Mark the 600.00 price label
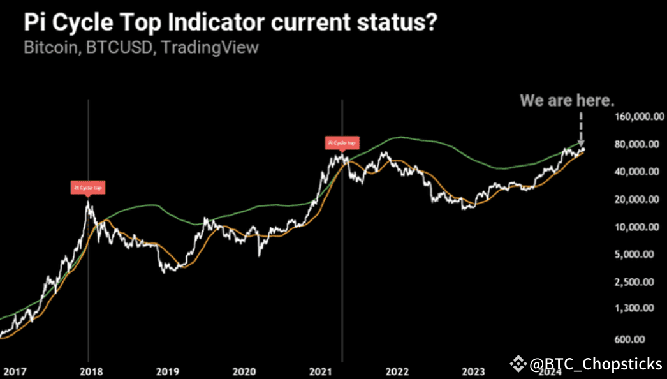pos(643,339)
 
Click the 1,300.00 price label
pos(638,309)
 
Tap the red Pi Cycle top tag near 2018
pos(87,187)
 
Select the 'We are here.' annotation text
pos(568,100)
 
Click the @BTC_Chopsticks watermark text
pos(595,364)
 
